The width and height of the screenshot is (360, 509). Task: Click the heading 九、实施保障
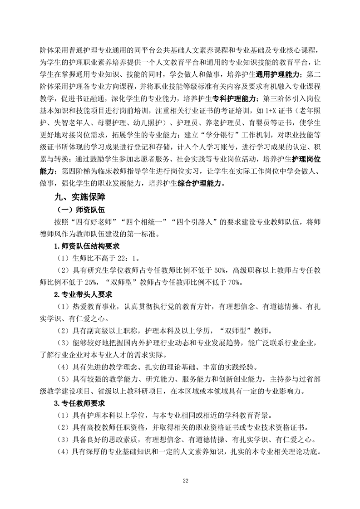(79, 198)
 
